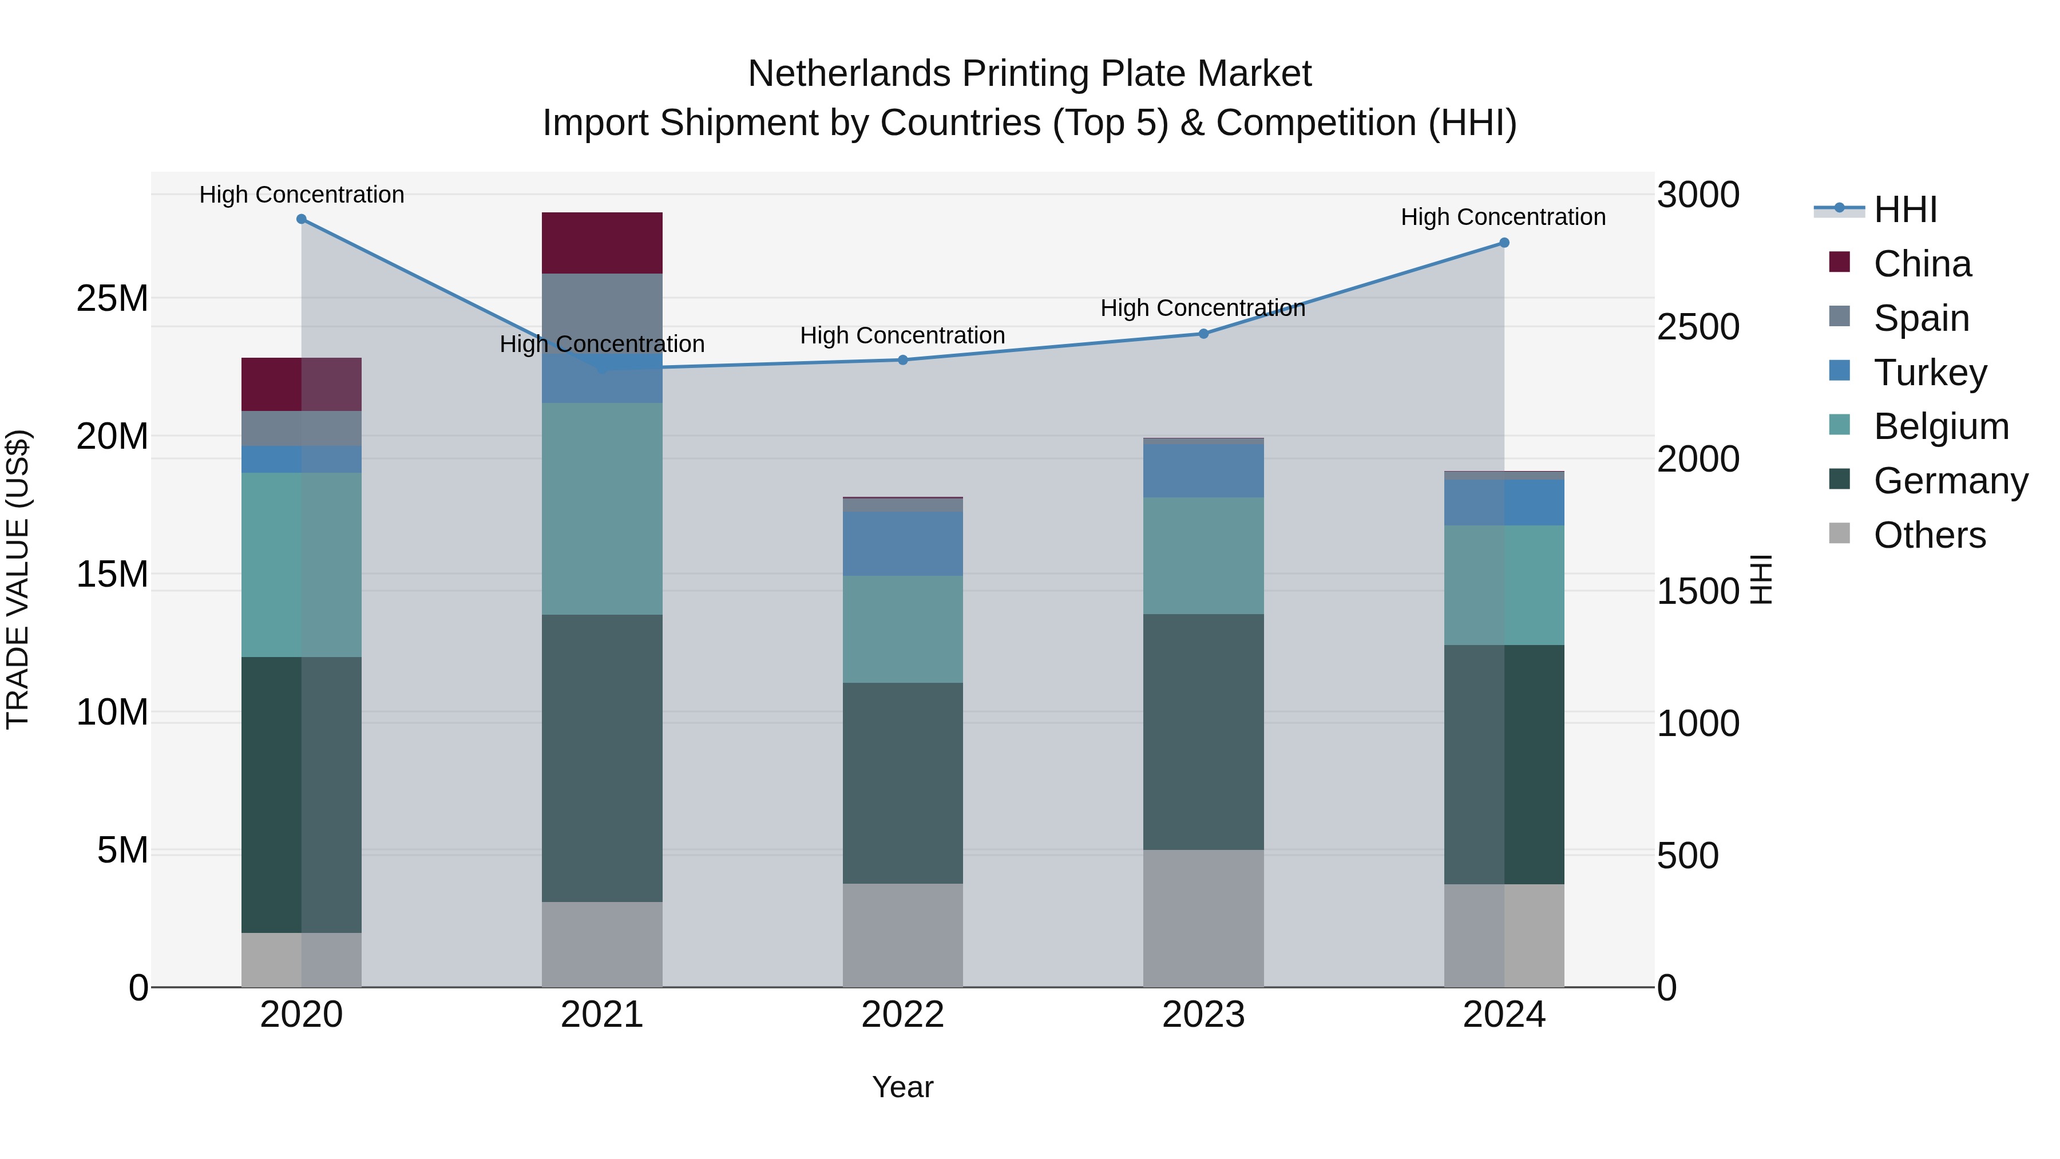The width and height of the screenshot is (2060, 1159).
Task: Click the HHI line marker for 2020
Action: point(302,219)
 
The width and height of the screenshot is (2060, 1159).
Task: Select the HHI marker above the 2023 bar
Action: point(1203,334)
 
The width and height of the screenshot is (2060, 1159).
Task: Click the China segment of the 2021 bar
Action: point(602,243)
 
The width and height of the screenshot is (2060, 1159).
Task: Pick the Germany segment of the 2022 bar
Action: point(903,783)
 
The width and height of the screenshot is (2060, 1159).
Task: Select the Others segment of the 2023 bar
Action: point(1203,918)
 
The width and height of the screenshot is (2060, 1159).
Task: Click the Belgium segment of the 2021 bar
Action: point(602,509)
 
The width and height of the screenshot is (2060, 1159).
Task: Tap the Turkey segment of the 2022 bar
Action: point(903,544)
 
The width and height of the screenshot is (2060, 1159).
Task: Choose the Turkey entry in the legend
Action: point(1929,373)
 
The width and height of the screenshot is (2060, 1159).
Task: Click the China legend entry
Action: point(1922,264)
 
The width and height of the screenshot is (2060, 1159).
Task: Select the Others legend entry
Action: point(1929,535)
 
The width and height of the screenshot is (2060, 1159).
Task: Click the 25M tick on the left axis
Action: point(112,298)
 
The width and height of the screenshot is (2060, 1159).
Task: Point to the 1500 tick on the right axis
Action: point(1698,591)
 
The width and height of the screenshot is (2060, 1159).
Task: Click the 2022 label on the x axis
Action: point(903,1015)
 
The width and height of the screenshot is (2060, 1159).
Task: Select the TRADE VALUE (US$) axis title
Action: point(18,579)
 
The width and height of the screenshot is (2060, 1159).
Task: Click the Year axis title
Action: point(903,1087)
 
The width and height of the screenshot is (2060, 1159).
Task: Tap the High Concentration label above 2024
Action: point(1503,217)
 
